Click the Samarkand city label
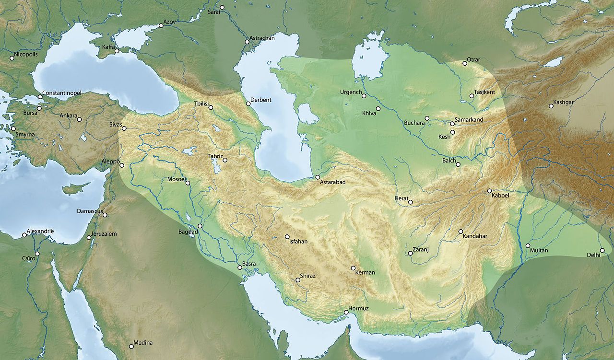[469, 119]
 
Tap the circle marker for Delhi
[602, 250]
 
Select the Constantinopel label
[62, 93]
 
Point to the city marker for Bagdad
[200, 226]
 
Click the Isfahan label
[298, 242]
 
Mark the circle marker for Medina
[131, 347]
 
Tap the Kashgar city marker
[551, 106]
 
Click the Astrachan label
[262, 38]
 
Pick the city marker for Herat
[411, 202]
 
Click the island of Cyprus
[76, 188]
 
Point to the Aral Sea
[369, 60]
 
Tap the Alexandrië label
[41, 231]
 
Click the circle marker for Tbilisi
[210, 107]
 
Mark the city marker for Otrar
[464, 63]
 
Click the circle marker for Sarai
[222, 7]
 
